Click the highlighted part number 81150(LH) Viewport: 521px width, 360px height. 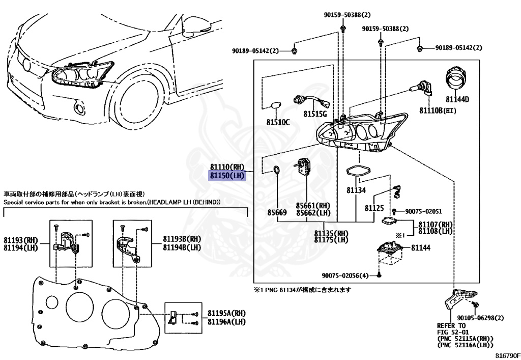tap(227, 176)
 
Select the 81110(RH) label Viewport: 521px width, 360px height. tap(227, 167)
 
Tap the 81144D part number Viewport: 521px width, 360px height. tap(457, 99)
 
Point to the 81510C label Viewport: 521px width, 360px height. tap(278, 122)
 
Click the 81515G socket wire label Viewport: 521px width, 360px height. tap(315, 113)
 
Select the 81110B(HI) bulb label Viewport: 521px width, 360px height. tap(438, 110)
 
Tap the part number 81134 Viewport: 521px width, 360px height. tap(356, 190)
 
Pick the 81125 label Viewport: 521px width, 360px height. tap(374, 208)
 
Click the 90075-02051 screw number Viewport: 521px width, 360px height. tap(423, 211)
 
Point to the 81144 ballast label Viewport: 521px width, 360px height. tap(421, 247)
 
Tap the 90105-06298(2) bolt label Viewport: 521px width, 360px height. tap(476, 318)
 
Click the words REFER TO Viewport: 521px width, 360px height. tap(451, 325)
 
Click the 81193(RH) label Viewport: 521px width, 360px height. tap(21, 240)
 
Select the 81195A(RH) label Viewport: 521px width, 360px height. tap(226, 314)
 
